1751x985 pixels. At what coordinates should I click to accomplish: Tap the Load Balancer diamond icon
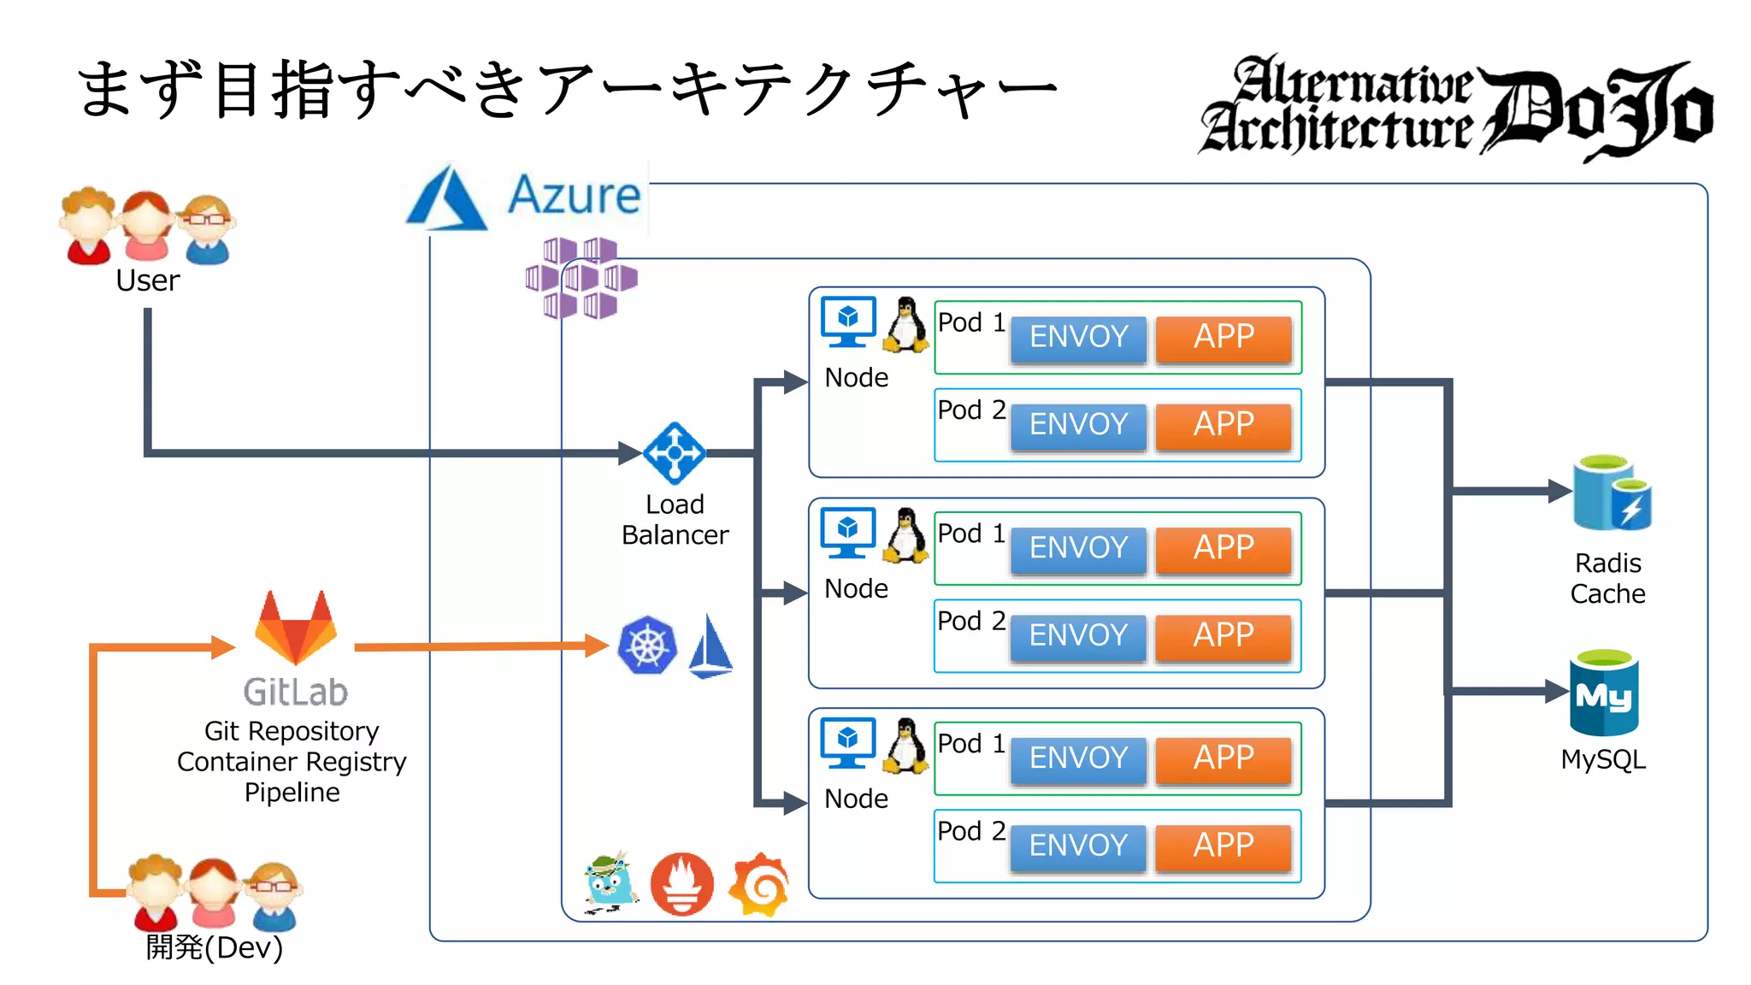[675, 453]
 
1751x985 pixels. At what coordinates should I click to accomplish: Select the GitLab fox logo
[296, 628]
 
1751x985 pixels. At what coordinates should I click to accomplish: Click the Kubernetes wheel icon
[647, 646]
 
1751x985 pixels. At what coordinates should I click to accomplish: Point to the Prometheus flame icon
[681, 884]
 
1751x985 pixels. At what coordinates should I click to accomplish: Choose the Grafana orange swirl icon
[759, 884]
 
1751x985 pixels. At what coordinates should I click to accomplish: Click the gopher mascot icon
[610, 882]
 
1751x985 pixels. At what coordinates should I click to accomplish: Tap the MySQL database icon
[1604, 693]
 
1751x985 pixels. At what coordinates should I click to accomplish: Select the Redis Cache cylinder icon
[1611, 494]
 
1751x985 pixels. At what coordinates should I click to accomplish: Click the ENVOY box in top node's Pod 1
[1078, 337]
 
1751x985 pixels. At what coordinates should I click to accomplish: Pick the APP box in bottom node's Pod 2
[1223, 846]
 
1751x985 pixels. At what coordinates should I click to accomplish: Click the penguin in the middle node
[905, 536]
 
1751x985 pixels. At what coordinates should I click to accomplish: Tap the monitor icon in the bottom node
[847, 742]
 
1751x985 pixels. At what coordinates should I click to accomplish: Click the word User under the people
[147, 280]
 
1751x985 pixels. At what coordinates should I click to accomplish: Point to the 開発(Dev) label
[214, 947]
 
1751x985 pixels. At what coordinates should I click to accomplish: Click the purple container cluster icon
[581, 278]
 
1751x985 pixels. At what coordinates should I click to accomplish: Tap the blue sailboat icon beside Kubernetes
[710, 647]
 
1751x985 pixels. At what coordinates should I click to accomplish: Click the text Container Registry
[292, 762]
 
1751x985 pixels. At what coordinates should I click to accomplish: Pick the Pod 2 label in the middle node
[970, 621]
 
